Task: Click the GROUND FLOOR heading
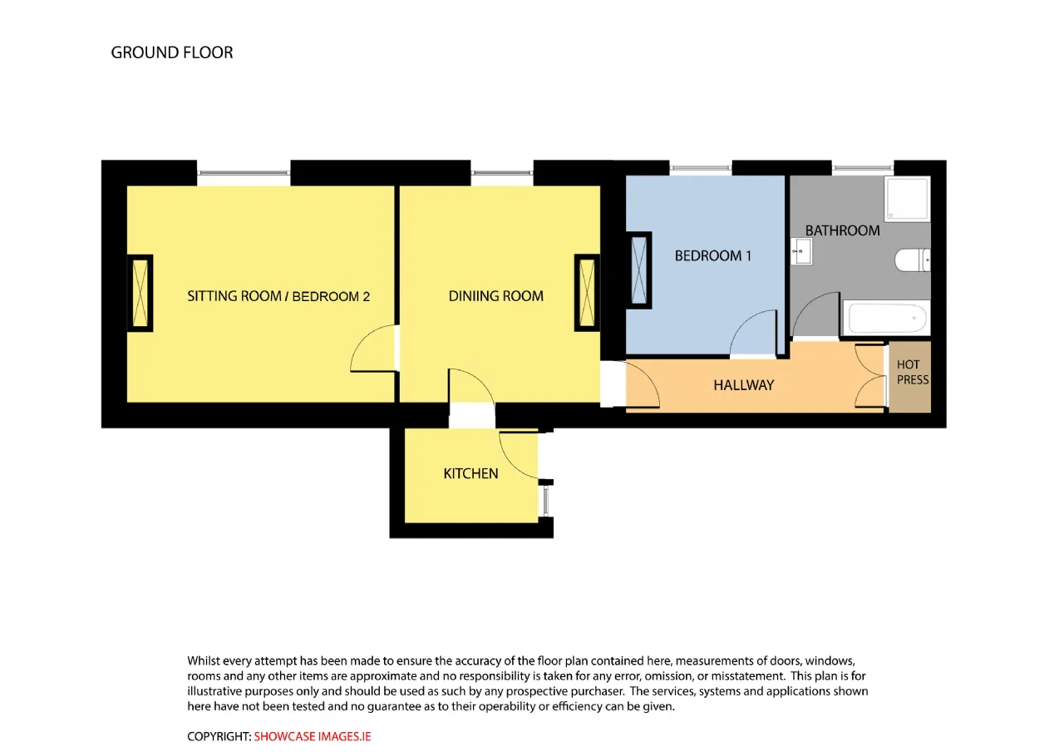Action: click(172, 52)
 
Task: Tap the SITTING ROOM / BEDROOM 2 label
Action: click(278, 296)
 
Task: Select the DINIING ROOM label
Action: click(496, 295)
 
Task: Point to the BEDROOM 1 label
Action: click(713, 255)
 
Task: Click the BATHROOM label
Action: click(842, 230)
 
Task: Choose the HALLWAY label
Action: click(744, 385)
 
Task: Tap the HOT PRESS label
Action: click(913, 372)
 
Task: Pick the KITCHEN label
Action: click(470, 473)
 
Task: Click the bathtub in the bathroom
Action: click(886, 318)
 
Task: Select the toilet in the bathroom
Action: click(913, 260)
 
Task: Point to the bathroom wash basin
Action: click(801, 251)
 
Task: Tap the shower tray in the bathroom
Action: click(907, 199)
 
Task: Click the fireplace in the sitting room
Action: click(140, 293)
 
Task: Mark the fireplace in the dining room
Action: click(587, 293)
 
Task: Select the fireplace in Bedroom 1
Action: click(639, 270)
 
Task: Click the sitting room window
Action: click(244, 173)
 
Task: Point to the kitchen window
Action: click(546, 501)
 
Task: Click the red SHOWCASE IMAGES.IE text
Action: click(313, 737)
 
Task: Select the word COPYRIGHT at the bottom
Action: click(219, 737)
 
